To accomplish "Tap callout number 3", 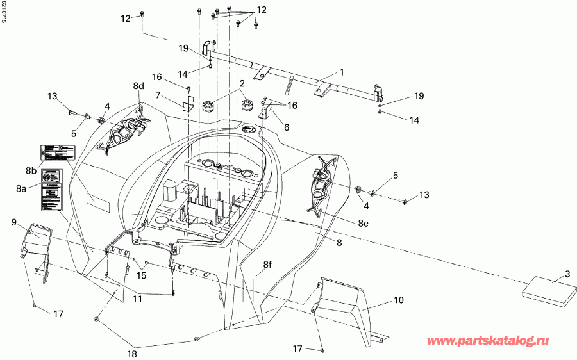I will pyautogui.click(x=567, y=275).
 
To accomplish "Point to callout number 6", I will pyautogui.click(x=287, y=127).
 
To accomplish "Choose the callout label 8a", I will pyautogui.click(x=22, y=189).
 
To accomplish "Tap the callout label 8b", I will pyautogui.click(x=30, y=170).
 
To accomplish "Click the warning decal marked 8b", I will pyautogui.click(x=59, y=152).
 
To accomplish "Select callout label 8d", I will pyautogui.click(x=138, y=86).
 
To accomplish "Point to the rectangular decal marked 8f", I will pyautogui.click(x=249, y=290).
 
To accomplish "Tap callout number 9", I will pyautogui.click(x=13, y=222).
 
